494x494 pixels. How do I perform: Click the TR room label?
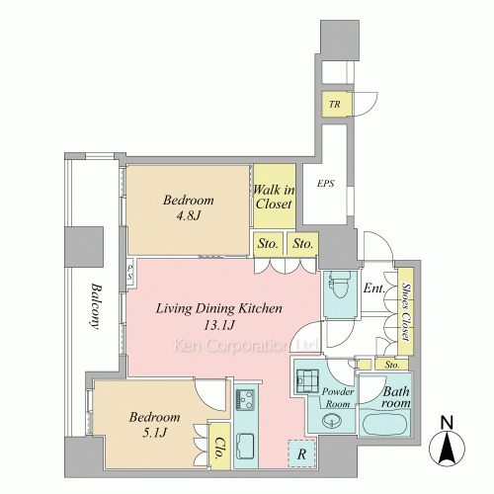tap(335, 105)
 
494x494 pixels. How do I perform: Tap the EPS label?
tap(326, 184)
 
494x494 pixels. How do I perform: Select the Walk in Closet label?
tap(274, 197)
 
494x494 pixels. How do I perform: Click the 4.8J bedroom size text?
tap(188, 215)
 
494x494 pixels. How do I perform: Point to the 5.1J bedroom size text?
tap(155, 432)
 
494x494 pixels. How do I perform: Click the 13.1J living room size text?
tap(219, 325)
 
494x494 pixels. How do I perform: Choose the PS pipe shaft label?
tap(130, 273)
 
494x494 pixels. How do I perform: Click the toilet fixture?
tap(341, 284)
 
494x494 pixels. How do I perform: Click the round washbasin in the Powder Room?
tap(332, 421)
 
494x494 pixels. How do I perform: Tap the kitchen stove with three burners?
tap(245, 399)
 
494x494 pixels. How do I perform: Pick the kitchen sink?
tap(245, 447)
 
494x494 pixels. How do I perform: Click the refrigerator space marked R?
tap(301, 453)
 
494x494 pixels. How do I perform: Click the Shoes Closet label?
tap(406, 311)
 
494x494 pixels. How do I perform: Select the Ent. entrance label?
tap(374, 288)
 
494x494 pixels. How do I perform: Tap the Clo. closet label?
tap(219, 448)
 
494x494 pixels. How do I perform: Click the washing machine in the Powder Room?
tap(307, 381)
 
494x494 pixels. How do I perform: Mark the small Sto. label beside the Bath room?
tap(392, 365)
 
